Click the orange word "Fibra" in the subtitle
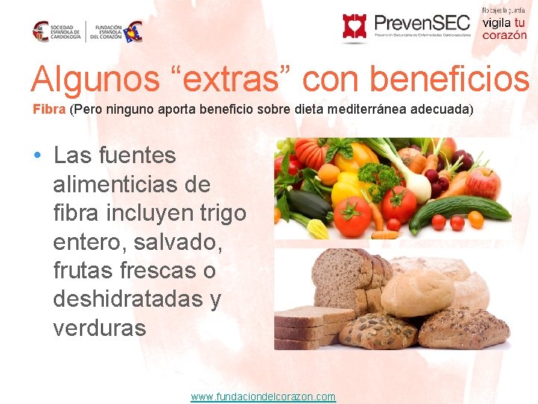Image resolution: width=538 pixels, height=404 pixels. [x=49, y=109]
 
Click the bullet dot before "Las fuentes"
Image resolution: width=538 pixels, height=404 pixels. [x=37, y=156]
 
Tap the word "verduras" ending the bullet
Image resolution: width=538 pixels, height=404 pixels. [x=99, y=327]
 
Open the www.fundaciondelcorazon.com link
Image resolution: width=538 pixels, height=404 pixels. [x=263, y=397]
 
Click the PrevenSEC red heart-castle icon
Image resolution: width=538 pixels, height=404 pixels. [x=354, y=26]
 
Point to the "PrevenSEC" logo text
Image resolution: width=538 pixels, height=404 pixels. [x=421, y=23]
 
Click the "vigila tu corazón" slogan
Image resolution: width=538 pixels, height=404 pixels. [x=504, y=28]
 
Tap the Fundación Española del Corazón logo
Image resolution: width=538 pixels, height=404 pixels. [x=117, y=31]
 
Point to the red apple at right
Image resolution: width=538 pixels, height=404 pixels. [x=483, y=183]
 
